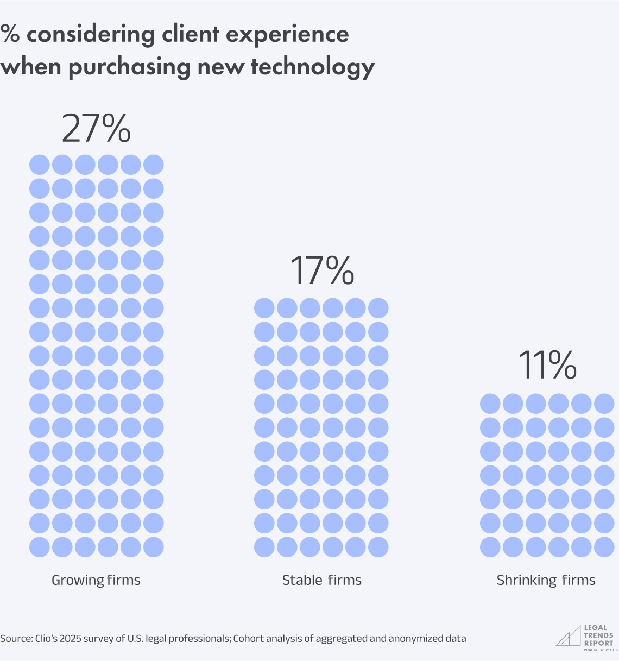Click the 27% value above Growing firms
[x=96, y=129]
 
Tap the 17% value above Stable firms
[x=321, y=270]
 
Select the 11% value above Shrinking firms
[x=547, y=365]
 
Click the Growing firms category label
[x=96, y=580]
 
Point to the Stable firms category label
[x=321, y=580]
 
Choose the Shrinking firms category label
[x=546, y=581]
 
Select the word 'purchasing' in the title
[x=130, y=67]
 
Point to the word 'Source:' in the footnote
[x=16, y=639]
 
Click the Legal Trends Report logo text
[x=598, y=635]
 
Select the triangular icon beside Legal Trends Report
[x=568, y=636]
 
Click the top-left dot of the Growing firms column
[x=40, y=165]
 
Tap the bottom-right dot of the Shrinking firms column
[x=604, y=547]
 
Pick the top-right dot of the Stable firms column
[x=378, y=308]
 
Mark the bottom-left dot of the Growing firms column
[x=40, y=547]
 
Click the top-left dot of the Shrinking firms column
[x=490, y=404]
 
